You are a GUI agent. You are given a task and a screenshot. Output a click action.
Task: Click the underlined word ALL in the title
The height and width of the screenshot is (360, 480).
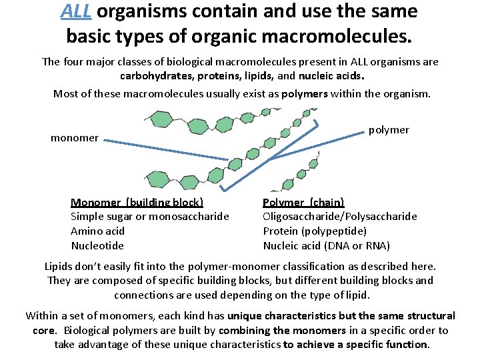click(75, 11)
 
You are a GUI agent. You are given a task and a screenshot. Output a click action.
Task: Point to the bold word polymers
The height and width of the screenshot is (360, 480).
click(304, 93)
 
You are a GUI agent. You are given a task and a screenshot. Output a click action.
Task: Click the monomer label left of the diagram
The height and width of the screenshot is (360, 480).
click(75, 138)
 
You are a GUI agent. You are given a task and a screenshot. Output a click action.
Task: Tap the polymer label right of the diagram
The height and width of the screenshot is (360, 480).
click(389, 129)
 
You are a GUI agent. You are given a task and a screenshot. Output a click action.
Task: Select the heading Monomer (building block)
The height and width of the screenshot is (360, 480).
click(137, 202)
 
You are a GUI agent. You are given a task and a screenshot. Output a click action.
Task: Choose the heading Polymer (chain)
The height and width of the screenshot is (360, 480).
click(303, 202)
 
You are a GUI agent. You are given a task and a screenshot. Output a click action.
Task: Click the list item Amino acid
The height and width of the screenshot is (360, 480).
click(97, 231)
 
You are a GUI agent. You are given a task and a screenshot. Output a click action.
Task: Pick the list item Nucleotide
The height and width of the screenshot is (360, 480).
click(97, 245)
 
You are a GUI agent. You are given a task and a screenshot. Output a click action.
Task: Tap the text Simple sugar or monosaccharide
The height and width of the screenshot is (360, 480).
click(149, 216)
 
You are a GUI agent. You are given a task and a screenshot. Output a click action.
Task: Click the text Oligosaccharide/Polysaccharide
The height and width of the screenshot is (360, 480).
click(340, 216)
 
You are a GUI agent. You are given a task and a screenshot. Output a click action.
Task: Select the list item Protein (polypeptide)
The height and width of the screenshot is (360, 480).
click(315, 231)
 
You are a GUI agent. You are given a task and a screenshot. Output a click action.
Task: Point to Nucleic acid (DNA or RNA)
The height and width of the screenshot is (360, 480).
click(327, 245)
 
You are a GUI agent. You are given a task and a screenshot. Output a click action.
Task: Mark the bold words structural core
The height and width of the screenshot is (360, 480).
click(427, 315)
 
